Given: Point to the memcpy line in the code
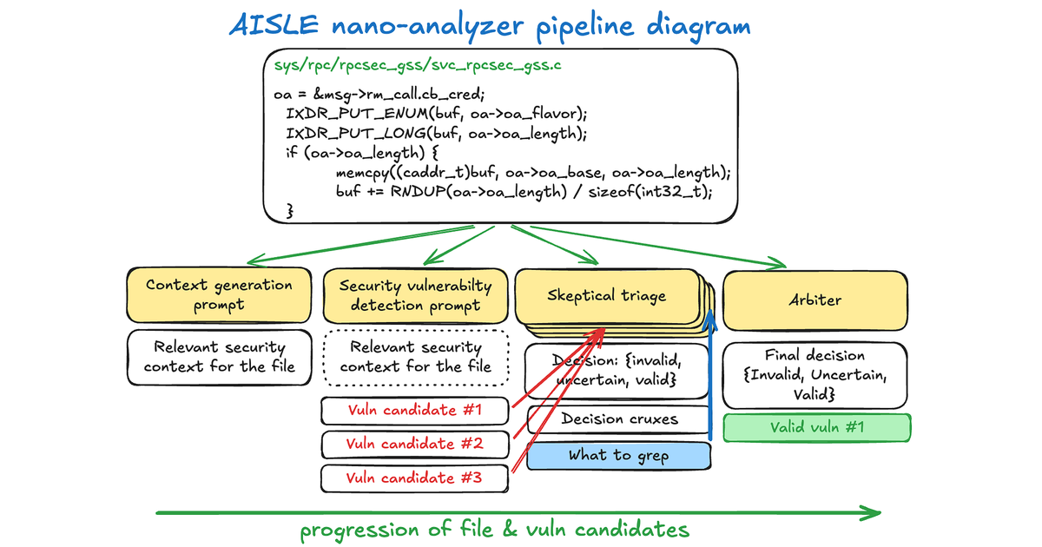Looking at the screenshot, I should [x=533, y=173].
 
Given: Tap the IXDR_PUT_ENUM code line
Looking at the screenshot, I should [x=437, y=114].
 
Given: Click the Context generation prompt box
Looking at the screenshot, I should [x=219, y=294].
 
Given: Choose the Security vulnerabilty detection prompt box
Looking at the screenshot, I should [x=415, y=295].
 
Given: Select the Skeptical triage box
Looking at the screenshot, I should [x=606, y=295].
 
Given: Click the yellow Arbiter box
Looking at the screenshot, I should [x=815, y=300].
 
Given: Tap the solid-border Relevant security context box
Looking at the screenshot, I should [x=219, y=357].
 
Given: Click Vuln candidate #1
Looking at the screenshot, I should [x=413, y=410].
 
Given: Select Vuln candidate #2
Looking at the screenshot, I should [x=413, y=444].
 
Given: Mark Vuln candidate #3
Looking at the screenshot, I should [x=413, y=478].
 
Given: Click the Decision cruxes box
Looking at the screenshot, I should [x=619, y=419].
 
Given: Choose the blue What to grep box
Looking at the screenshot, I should [x=619, y=455].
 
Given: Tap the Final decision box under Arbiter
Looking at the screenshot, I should [x=815, y=374].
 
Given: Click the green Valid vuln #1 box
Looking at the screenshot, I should [x=815, y=427].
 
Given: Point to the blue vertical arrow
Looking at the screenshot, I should [x=711, y=382].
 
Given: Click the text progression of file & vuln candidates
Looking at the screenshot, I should [x=495, y=530].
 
